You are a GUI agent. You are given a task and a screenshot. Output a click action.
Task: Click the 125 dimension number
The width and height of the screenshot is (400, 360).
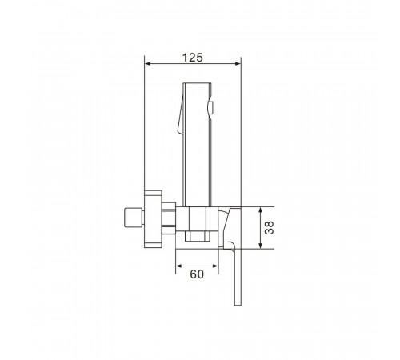tap(192, 58)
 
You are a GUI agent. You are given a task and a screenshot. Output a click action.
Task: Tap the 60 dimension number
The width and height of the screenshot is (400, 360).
tap(197, 274)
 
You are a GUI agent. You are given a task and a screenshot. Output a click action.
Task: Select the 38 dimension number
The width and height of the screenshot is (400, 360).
tap(270, 227)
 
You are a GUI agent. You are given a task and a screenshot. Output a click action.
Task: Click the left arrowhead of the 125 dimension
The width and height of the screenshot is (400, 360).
tap(147, 64)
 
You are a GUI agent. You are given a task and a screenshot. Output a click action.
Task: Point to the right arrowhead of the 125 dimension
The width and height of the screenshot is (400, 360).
tap(238, 64)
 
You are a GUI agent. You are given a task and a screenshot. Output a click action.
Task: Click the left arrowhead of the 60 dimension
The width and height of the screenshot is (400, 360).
tap(178, 266)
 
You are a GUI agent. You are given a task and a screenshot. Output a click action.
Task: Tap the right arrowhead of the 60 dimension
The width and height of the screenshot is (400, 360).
tap(215, 266)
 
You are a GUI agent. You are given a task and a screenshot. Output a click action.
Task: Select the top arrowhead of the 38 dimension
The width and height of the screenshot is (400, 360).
tap(261, 210)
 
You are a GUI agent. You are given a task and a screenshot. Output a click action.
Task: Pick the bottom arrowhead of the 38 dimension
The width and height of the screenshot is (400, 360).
tap(261, 246)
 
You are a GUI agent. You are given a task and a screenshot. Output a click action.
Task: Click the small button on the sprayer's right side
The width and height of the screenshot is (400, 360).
tap(210, 108)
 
